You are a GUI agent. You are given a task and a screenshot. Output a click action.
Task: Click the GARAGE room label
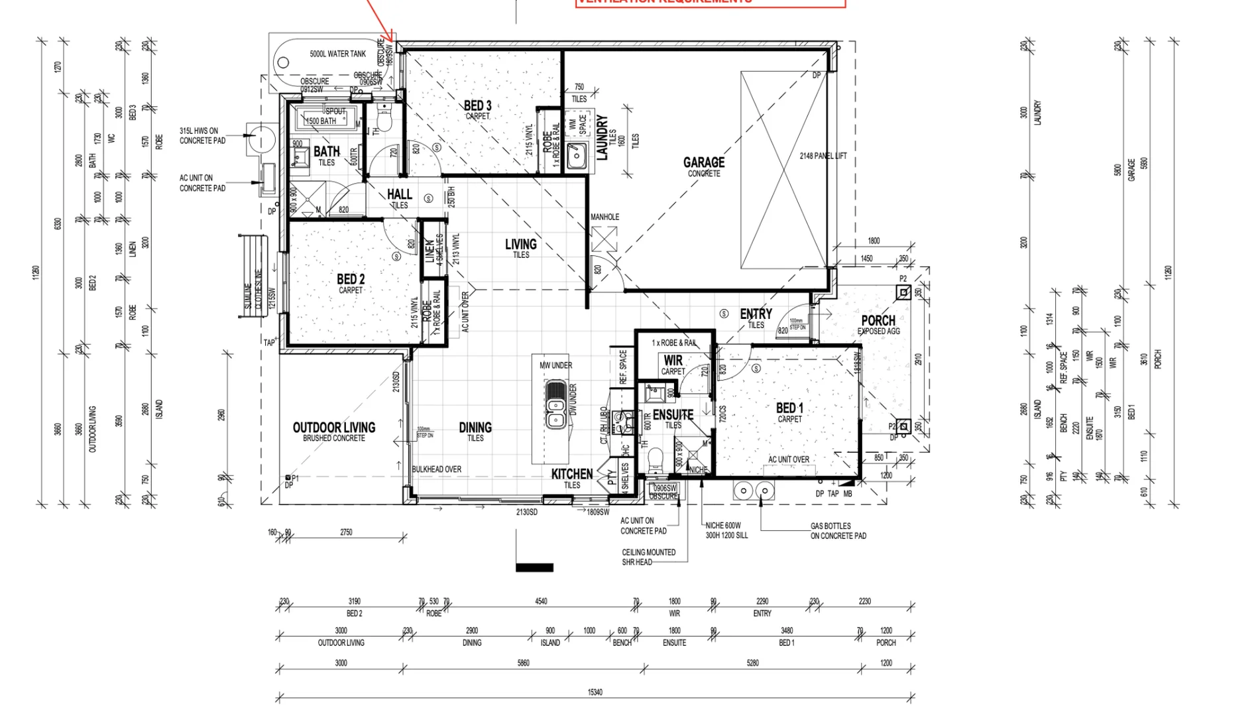703,163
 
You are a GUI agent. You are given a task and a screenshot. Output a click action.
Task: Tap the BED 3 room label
477,107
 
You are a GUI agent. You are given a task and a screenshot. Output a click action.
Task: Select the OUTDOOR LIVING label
334,428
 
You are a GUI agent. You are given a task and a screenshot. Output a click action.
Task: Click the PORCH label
878,322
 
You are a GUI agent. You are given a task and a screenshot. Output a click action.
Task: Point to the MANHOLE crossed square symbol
604,239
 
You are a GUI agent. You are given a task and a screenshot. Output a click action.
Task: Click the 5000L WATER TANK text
337,54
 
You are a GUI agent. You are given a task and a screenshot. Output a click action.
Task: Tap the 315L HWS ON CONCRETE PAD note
202,136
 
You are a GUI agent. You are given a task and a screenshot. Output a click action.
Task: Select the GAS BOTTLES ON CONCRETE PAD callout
838,531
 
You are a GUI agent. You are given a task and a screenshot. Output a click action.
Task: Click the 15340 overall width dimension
595,692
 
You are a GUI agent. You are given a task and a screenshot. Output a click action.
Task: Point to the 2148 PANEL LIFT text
823,156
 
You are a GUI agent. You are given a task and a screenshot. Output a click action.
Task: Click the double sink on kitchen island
555,404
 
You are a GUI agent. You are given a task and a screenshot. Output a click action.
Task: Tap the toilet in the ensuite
655,457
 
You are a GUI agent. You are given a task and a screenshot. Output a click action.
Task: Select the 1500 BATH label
321,121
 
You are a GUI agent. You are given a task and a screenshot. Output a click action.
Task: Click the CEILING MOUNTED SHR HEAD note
648,557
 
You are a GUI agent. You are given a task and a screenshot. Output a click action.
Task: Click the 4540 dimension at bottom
541,601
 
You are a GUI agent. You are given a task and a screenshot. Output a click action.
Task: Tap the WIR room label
673,361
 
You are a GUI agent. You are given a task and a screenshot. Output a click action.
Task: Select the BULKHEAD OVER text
436,469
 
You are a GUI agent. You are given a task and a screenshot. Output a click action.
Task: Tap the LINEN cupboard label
430,251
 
